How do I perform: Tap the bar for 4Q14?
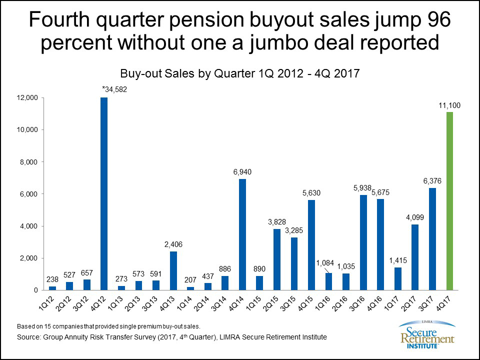click(x=242, y=234)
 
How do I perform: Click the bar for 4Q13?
click(x=173, y=270)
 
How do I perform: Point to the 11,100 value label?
click(x=449, y=105)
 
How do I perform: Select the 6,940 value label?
click(x=242, y=172)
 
